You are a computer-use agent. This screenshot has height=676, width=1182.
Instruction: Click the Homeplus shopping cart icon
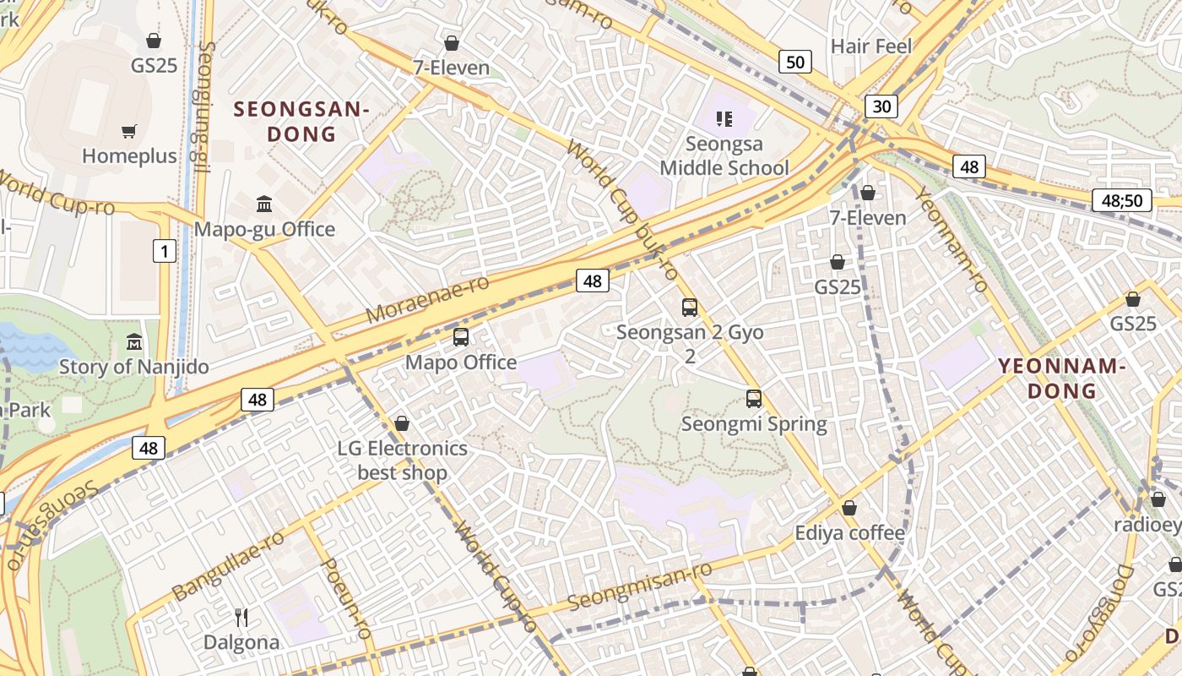128,131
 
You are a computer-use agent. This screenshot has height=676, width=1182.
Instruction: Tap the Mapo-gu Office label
264,229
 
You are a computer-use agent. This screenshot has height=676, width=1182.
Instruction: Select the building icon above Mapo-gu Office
264,204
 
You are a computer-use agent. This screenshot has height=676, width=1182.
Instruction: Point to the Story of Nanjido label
133,367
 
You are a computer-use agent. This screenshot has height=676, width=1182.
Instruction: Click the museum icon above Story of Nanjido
133,342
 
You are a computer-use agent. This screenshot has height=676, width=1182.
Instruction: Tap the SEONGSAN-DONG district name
301,121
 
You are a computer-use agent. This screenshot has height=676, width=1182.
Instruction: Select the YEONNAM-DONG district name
1062,378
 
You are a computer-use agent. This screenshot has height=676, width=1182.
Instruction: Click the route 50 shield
794,61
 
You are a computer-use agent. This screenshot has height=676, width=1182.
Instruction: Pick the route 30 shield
881,106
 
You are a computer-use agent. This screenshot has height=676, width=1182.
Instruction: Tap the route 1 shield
165,250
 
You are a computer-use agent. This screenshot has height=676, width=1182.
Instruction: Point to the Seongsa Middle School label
724,156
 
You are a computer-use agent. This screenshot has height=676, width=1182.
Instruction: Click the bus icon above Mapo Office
461,337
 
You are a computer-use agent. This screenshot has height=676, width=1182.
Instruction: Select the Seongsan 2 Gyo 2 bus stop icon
690,308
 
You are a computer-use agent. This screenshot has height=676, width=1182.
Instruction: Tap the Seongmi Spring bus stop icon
754,399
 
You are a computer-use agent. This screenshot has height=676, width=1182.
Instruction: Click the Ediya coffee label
849,533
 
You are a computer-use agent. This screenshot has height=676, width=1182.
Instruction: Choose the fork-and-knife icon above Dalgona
241,618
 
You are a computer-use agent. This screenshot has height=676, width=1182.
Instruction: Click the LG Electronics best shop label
402,460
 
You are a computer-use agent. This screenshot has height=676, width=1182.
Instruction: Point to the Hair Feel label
870,46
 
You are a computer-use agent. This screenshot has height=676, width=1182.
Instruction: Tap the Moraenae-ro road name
427,298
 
